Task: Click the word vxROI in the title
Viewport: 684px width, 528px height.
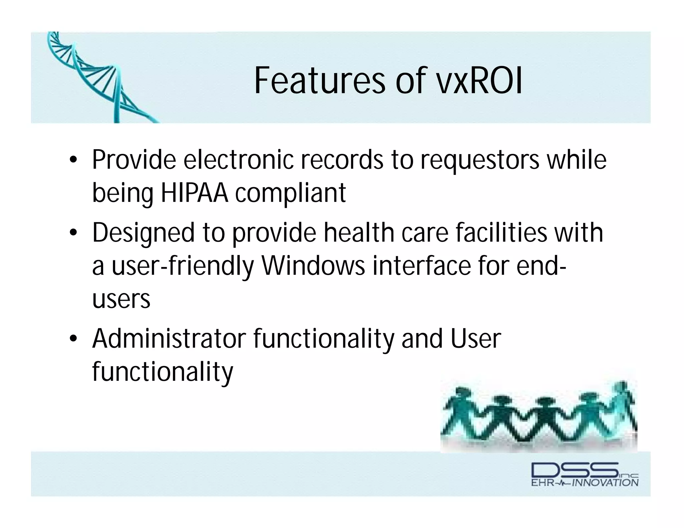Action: coord(479,81)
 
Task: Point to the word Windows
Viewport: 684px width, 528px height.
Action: coord(313,266)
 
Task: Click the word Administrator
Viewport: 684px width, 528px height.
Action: coord(169,339)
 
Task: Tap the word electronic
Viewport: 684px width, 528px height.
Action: coord(238,160)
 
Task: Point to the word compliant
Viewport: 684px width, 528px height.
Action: coord(290,194)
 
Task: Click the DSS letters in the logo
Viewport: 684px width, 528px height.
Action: coord(574,470)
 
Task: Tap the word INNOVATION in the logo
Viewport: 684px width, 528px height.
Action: coord(605,483)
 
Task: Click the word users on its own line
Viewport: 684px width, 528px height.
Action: coord(121,299)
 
